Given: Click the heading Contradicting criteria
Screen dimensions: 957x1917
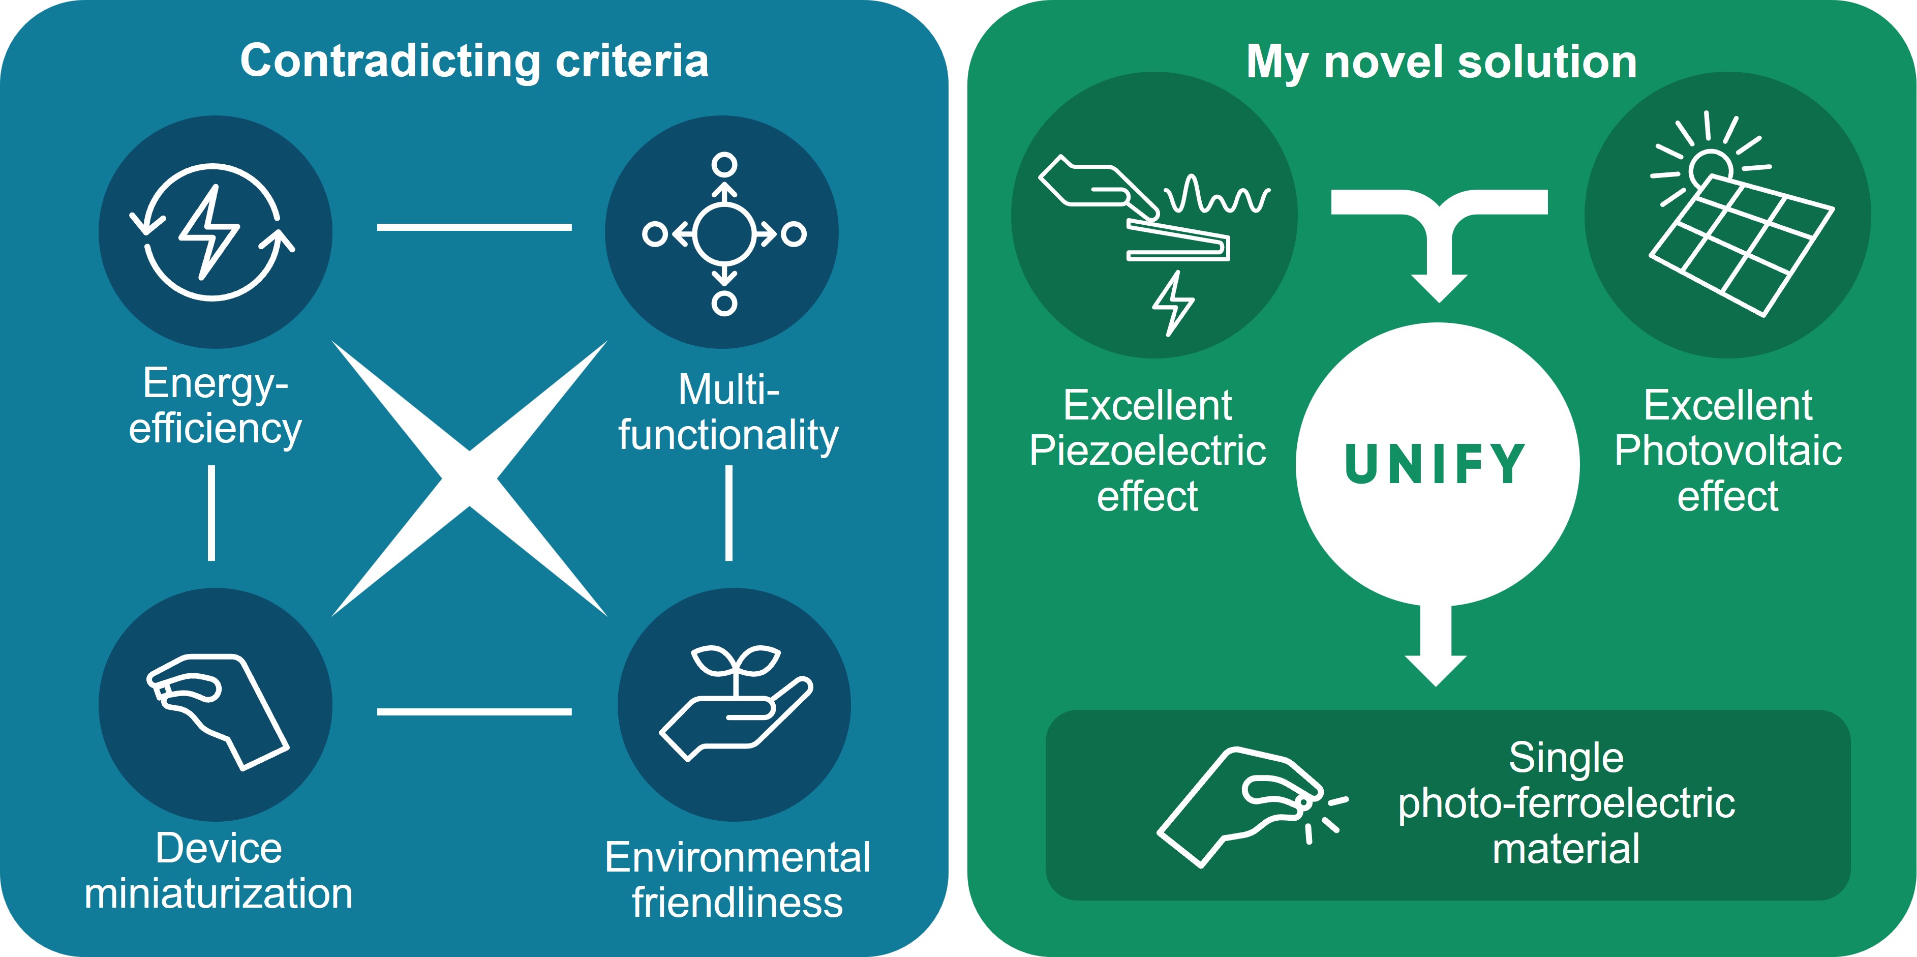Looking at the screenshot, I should coord(474,61).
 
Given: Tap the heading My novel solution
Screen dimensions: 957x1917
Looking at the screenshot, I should coord(1442,61).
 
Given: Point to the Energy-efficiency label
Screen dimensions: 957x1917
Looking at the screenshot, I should coord(215,406).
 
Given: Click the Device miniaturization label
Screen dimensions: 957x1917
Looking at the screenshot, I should coord(218,871).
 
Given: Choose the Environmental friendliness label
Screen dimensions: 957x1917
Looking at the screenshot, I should coord(737,880).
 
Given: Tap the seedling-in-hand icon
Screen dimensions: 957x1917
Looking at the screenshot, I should coord(735,703).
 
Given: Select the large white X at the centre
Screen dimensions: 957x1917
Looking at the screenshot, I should coord(469,478).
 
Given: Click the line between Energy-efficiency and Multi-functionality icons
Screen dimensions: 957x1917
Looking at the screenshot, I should coord(474,227).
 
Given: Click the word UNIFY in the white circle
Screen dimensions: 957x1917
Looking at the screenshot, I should coord(1436,464).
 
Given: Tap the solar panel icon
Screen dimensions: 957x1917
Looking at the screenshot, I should coord(1742,246).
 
